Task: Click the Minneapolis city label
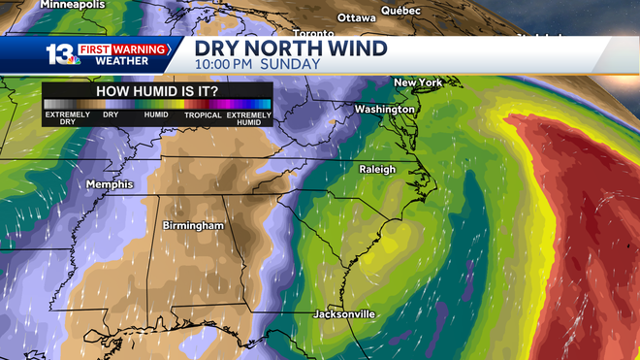point(73,5)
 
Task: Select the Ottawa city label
point(356,17)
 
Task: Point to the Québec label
point(400,10)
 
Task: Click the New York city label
point(417,83)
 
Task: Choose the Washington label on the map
point(384,110)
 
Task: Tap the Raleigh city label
point(377,169)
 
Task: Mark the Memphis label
point(110,184)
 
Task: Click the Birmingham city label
point(193,226)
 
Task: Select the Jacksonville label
point(344,314)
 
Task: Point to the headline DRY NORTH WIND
point(291,48)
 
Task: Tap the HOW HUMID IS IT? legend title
point(156,90)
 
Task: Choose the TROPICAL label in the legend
point(203,115)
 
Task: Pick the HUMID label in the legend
point(156,115)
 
